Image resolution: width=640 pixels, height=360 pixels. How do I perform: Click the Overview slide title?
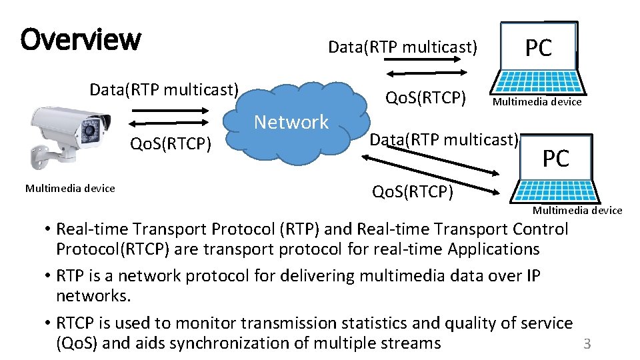[81, 40]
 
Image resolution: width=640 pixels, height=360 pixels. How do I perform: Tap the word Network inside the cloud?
[291, 122]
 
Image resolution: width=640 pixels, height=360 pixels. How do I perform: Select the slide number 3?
[587, 344]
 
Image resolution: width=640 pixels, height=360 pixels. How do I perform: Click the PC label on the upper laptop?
[539, 48]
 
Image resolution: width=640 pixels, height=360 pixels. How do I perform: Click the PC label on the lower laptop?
[555, 159]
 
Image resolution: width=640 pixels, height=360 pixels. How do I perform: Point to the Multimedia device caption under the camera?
[70, 189]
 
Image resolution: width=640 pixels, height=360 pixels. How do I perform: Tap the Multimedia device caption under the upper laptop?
[537, 102]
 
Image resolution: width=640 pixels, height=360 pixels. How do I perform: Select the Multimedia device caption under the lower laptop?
[577, 211]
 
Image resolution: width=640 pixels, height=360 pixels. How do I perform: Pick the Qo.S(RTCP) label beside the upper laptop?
[425, 98]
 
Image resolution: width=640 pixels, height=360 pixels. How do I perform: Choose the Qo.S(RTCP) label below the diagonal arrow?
[413, 193]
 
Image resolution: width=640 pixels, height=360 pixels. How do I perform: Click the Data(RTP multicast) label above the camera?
[164, 89]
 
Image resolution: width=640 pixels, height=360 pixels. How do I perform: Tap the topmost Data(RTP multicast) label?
[403, 47]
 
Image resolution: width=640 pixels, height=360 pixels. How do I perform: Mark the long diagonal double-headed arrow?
[433, 173]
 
